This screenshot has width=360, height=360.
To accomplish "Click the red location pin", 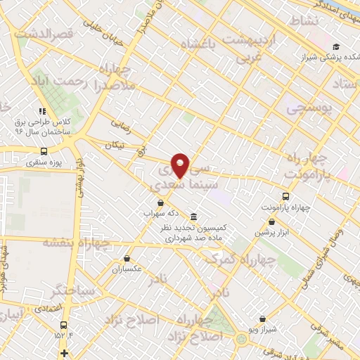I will pos(181,165).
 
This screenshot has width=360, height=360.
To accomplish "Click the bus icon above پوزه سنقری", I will pos(44,151).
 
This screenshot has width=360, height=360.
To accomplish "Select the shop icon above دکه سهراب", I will pos(162,202).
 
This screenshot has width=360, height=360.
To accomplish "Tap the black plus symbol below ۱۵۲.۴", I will pos(65,352).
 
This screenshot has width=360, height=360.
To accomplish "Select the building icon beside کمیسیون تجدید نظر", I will pos(193,217).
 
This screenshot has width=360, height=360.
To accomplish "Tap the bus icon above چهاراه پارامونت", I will pos(285,196).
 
